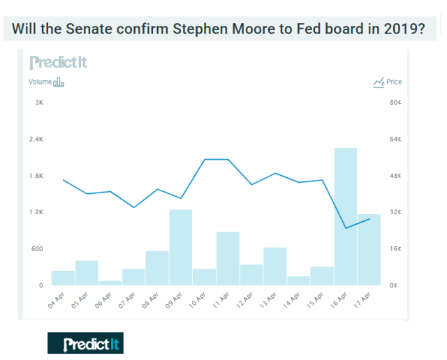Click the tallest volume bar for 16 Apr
point(346,216)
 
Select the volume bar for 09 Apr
point(181,247)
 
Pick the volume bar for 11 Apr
point(228,258)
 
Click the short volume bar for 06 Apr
point(110,283)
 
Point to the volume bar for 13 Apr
point(275,266)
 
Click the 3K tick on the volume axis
point(39,103)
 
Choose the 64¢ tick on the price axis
point(394,139)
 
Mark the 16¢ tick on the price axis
point(394,248)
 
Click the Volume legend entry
point(46,82)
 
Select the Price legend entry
point(388,82)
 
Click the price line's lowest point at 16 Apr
point(346,228)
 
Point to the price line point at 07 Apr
point(134,207)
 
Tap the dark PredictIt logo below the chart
point(85,343)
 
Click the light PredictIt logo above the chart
point(58,62)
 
